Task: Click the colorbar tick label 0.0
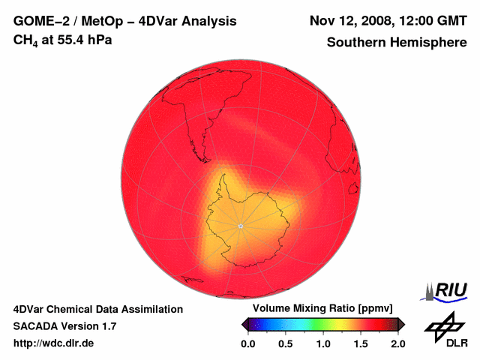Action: click(x=248, y=343)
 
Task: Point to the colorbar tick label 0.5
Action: click(x=286, y=343)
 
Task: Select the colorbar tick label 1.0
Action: click(x=323, y=343)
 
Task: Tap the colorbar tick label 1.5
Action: click(x=361, y=343)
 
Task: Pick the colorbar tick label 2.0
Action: click(x=397, y=343)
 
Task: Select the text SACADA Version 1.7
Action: click(x=65, y=326)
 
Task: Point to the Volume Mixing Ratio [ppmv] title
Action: click(x=318, y=309)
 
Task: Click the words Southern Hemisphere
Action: click(x=397, y=43)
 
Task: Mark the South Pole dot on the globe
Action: click(x=240, y=226)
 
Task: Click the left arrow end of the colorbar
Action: click(x=244, y=324)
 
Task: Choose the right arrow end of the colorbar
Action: click(x=401, y=324)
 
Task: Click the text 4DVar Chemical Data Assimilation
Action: click(x=98, y=309)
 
